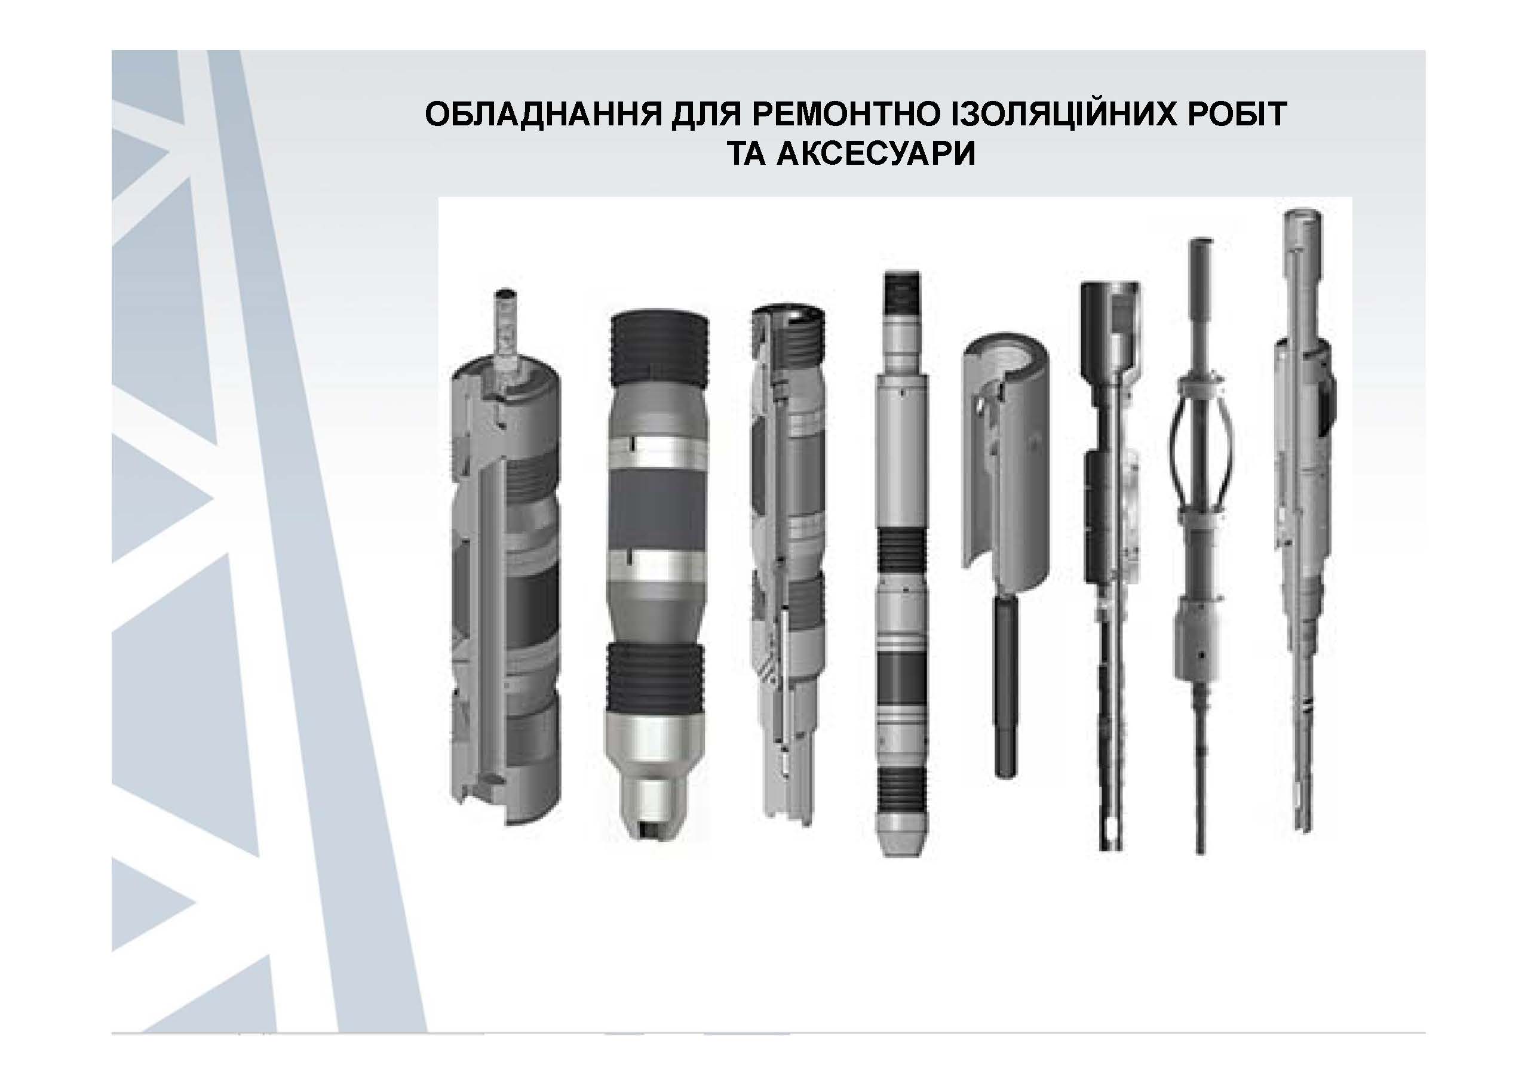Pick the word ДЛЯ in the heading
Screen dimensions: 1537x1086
(706, 115)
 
